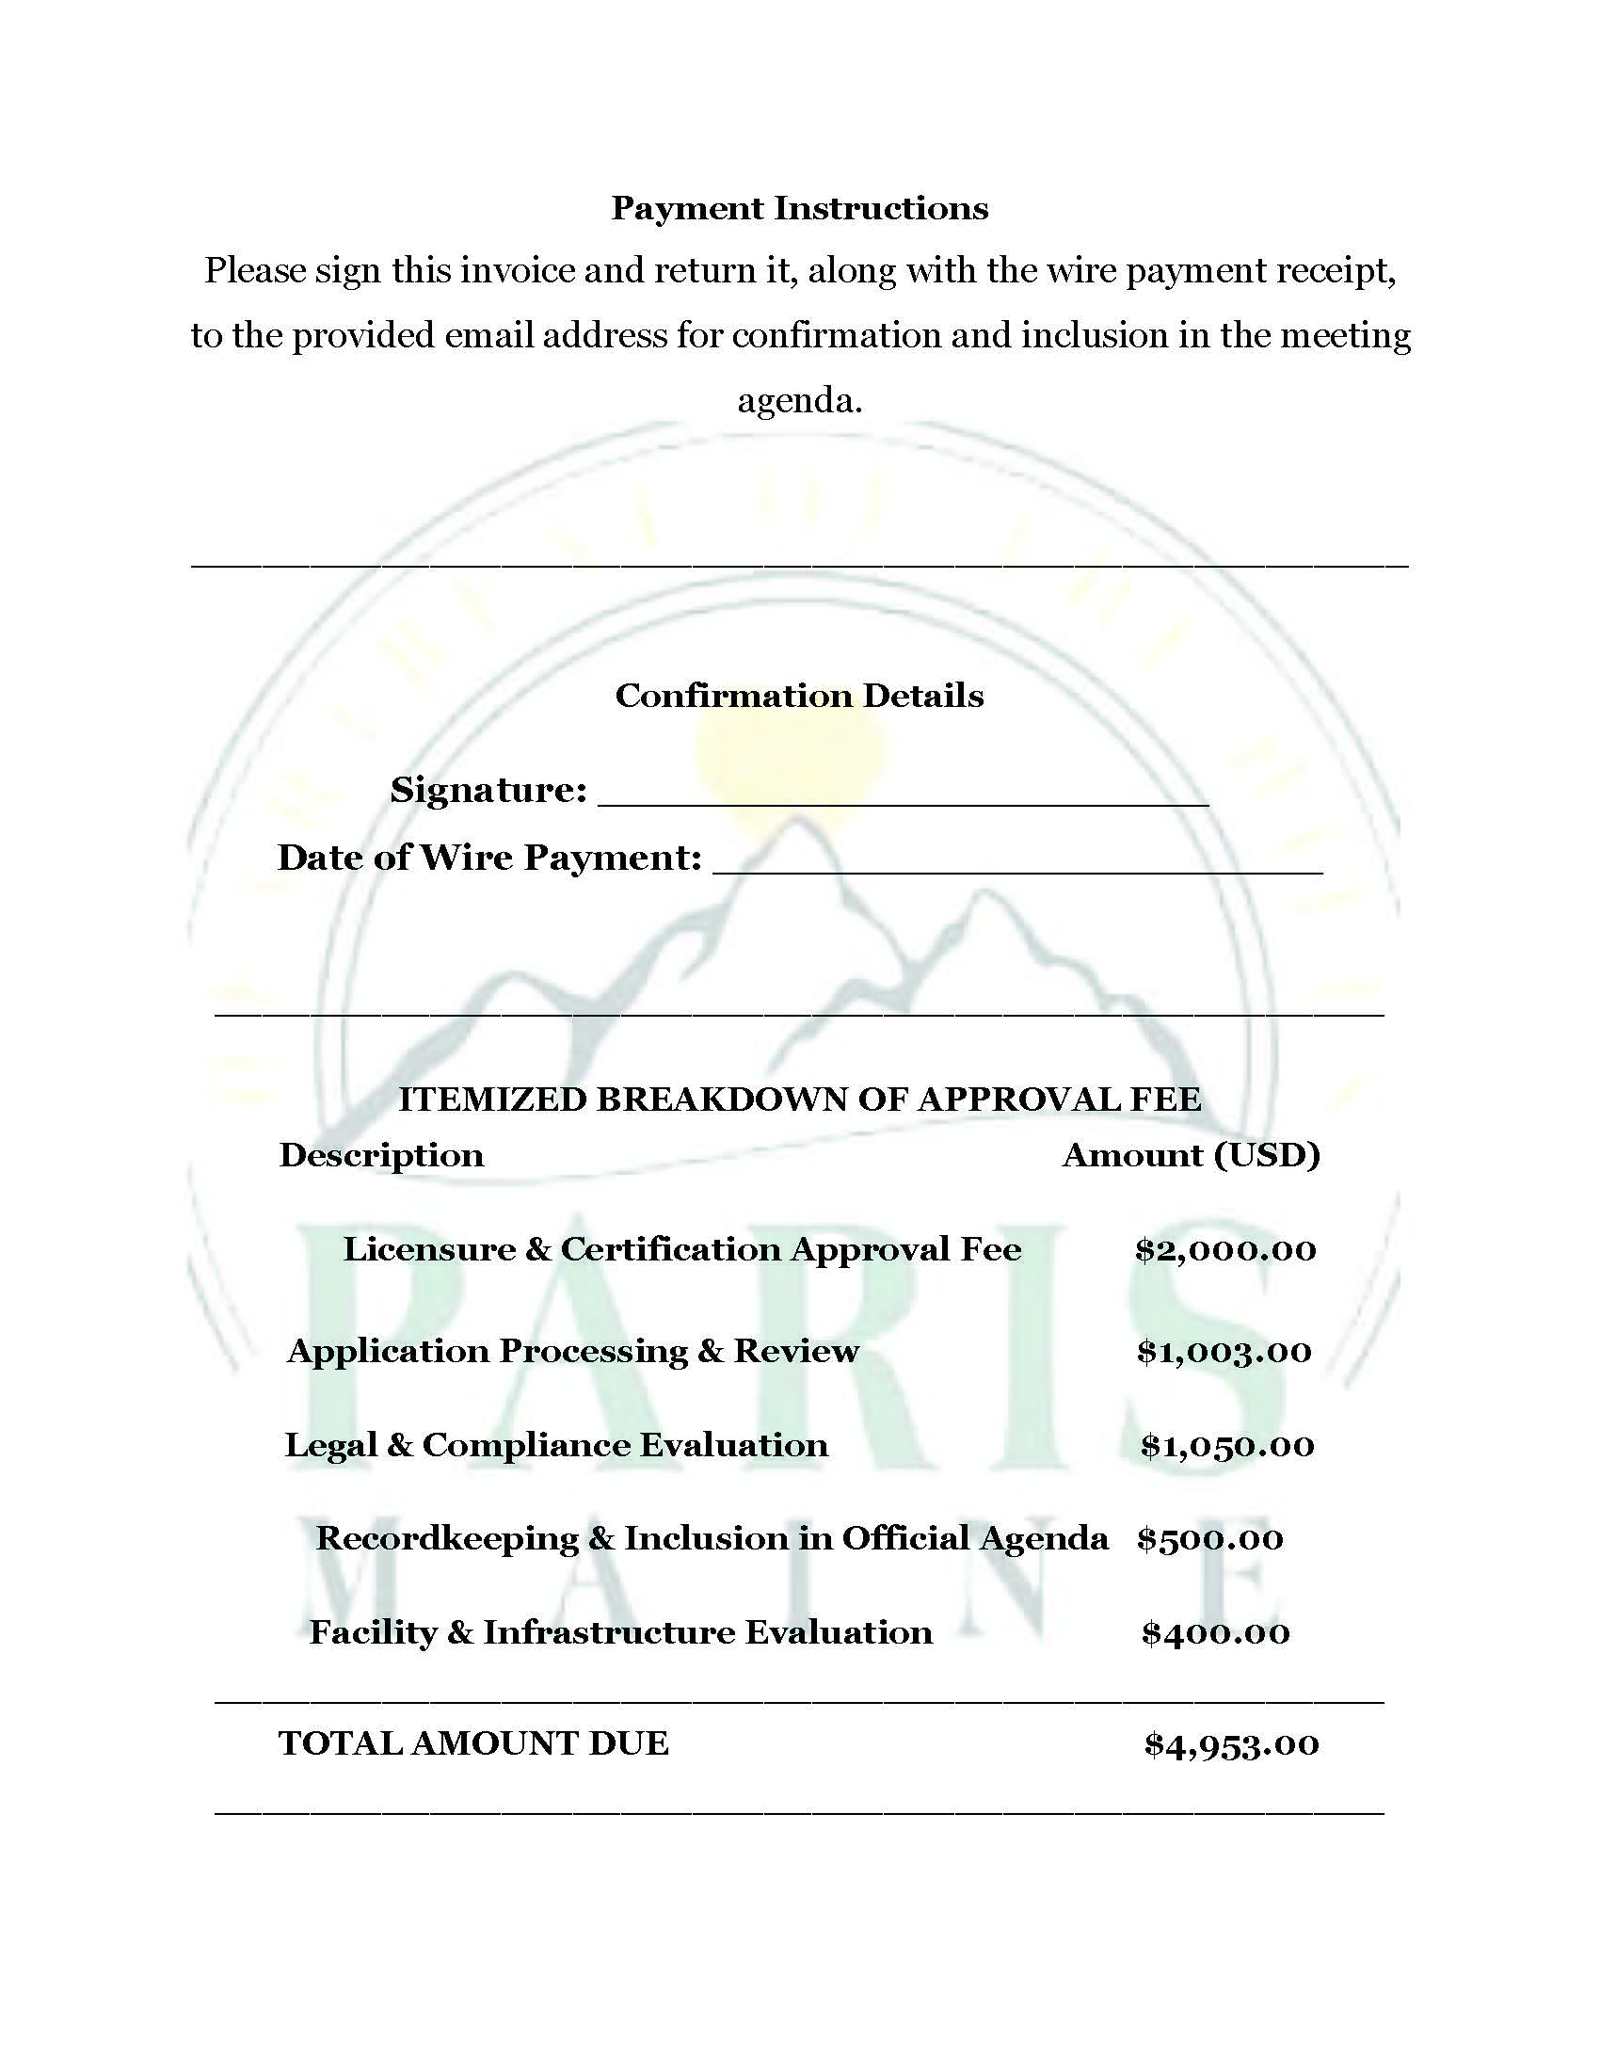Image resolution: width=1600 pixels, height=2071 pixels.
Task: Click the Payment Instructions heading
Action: point(799,208)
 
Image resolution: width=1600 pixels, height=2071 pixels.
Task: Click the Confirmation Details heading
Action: point(799,695)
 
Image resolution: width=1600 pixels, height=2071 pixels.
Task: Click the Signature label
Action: point(488,789)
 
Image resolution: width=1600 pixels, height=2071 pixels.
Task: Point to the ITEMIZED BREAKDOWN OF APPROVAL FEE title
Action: point(799,1099)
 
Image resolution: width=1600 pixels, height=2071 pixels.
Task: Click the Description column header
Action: point(381,1154)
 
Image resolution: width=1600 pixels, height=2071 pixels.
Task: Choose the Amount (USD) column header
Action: point(1191,1154)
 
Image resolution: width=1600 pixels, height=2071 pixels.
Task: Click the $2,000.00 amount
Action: point(1225,1249)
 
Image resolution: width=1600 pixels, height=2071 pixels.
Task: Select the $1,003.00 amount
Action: point(1224,1350)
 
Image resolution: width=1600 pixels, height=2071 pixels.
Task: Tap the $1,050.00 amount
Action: point(1226,1444)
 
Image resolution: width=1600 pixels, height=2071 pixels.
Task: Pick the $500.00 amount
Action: point(1209,1538)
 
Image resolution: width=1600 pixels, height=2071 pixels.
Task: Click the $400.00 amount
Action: point(1215,1632)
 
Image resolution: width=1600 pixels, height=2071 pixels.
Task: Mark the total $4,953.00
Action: point(1230,1743)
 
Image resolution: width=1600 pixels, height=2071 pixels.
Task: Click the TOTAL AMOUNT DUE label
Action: point(474,1742)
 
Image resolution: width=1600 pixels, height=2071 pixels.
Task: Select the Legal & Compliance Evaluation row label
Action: point(556,1444)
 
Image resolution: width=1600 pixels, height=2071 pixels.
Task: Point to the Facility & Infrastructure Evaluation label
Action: point(621,1632)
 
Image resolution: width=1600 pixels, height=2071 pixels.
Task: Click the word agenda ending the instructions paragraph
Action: point(799,401)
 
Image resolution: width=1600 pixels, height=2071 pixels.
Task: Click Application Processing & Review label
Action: point(572,1350)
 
